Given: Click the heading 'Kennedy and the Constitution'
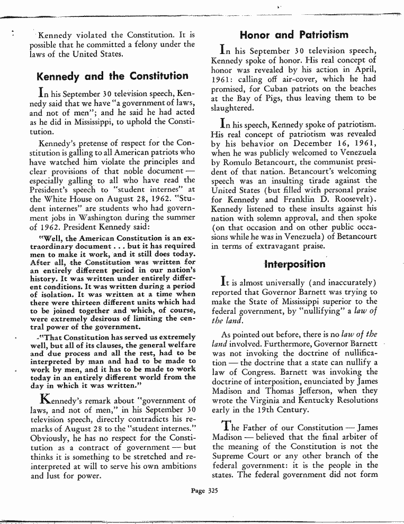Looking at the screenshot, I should coord(112,76).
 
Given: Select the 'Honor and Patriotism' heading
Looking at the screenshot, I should coord(294,35).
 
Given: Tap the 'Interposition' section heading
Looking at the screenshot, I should coord(294,264).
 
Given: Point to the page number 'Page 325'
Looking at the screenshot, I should coord(204,490).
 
